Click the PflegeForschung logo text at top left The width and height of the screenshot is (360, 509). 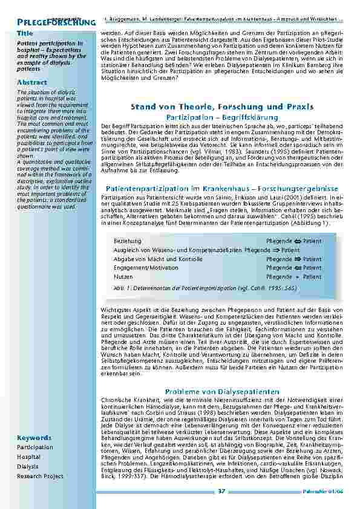[48, 22]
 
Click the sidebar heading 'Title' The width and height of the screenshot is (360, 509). [25, 33]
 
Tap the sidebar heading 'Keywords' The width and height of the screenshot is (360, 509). [34, 437]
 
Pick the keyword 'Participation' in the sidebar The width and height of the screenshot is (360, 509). [35, 447]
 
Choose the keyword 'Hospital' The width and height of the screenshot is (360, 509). [29, 457]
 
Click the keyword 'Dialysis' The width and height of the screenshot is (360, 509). [28, 467]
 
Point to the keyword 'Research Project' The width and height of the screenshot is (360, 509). [40, 476]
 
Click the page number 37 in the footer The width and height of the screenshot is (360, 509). [221, 491]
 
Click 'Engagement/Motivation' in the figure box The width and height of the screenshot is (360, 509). [146, 268]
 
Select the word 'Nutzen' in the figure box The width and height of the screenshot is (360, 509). [123, 276]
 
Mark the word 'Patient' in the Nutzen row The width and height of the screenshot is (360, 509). [312, 277]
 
